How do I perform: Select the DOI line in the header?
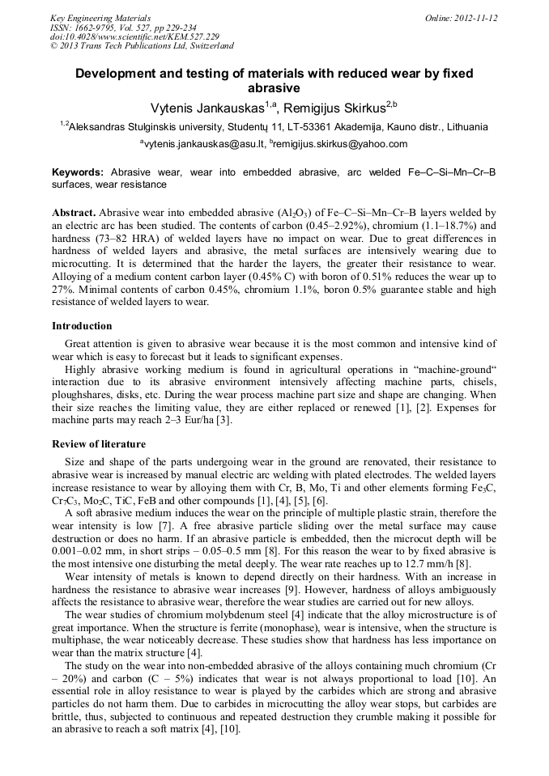[x=134, y=36]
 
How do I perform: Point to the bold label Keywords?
[x=78, y=172]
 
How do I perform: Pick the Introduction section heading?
[x=82, y=326]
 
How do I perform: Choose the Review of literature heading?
[x=99, y=444]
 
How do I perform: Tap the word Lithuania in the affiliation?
[x=462, y=127]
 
